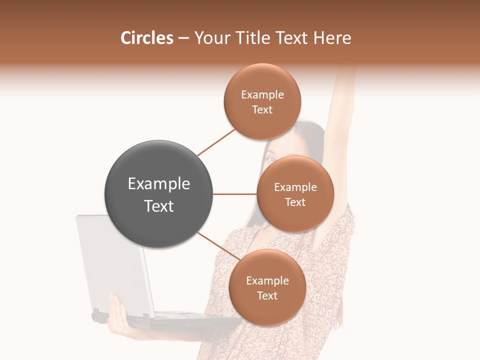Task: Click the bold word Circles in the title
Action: (x=146, y=38)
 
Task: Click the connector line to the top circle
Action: (x=216, y=142)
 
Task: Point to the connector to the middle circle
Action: (x=235, y=194)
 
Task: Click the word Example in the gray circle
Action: (x=159, y=184)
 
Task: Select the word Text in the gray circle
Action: (x=159, y=206)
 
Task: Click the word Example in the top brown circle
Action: (x=262, y=95)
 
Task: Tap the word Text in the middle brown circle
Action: (x=295, y=202)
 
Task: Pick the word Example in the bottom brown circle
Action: (x=267, y=281)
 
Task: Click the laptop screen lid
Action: (x=107, y=260)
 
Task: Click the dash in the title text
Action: (x=183, y=38)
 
